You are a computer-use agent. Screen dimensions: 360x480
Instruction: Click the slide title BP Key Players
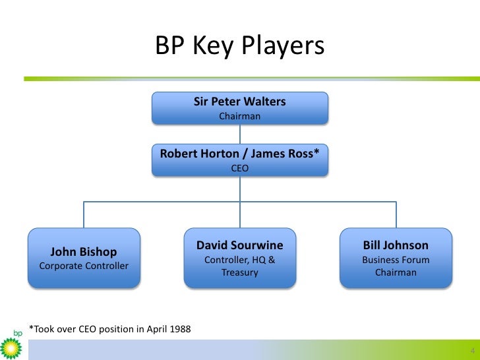239,45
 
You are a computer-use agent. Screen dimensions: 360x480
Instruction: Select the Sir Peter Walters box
240,109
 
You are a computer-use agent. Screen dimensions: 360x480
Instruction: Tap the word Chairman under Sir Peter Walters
240,117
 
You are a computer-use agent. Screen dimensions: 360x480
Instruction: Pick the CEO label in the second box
240,168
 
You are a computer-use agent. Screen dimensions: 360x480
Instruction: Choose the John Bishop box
84,258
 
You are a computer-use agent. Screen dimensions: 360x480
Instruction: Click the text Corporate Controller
84,266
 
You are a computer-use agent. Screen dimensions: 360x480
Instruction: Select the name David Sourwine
240,245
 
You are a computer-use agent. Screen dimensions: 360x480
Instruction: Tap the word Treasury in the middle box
240,272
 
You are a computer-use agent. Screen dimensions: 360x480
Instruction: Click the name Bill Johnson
396,245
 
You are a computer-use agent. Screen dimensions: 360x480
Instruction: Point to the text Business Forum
396,260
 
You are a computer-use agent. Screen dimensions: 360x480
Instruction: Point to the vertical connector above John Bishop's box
84,214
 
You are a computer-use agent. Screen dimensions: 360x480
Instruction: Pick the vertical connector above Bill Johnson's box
396,214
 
